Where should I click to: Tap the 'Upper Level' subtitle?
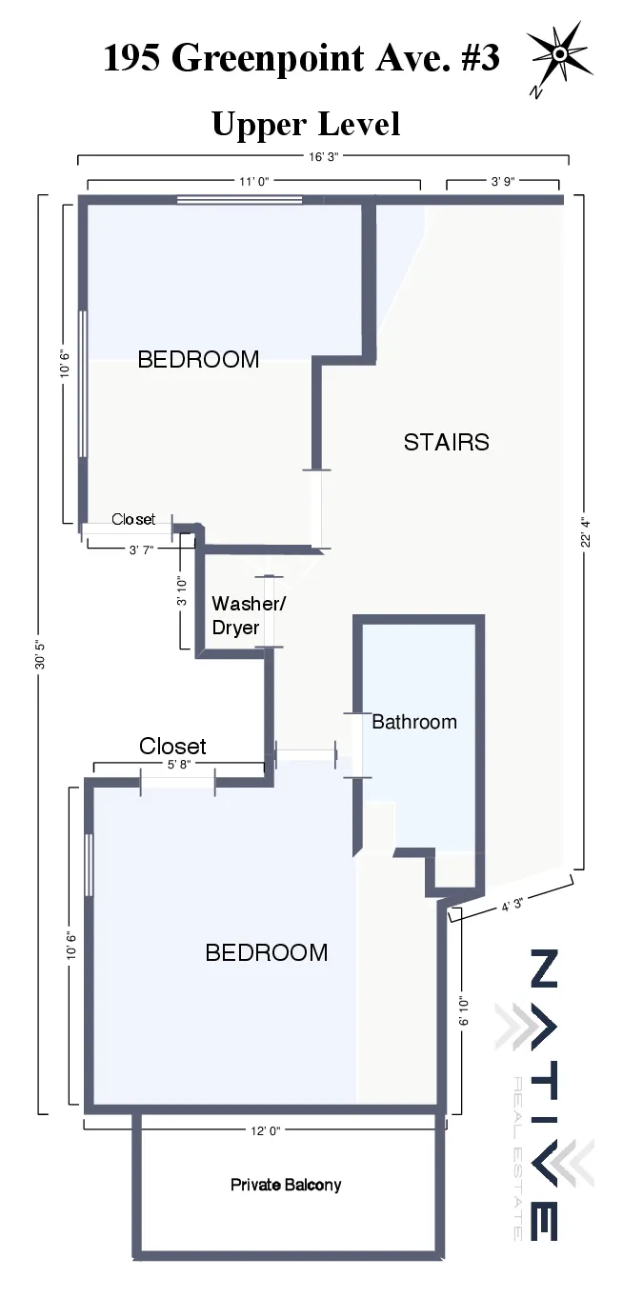(305, 124)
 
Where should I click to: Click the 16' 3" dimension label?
(322, 157)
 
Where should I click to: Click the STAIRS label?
(446, 442)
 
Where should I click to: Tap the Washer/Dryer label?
(248, 615)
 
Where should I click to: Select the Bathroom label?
(413, 722)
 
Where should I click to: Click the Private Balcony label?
(286, 1185)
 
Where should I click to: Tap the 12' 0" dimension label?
(263, 1130)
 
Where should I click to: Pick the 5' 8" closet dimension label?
(178, 764)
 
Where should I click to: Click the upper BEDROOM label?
(198, 359)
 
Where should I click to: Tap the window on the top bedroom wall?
(239, 200)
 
